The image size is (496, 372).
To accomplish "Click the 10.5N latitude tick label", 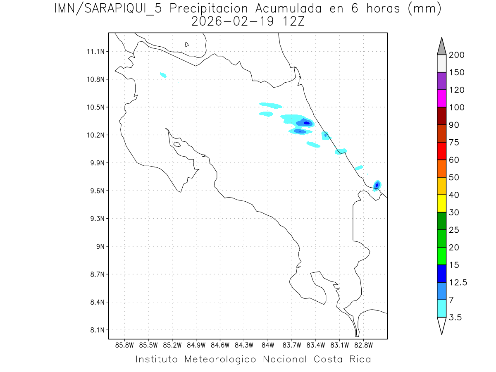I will coord(97,107).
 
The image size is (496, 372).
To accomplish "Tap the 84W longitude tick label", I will coord(268,345).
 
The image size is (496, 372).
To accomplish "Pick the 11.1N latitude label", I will coord(97,52).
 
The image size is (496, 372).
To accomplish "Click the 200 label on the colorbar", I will coord(457,55).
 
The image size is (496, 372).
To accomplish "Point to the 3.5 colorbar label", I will coord(455,317).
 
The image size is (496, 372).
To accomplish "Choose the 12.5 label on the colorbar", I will coord(457,283).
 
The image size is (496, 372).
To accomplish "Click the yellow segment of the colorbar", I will coord(441,203).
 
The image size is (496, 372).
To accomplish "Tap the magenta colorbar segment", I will coord(441,98).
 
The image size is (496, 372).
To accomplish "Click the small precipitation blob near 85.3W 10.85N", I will coord(163,75).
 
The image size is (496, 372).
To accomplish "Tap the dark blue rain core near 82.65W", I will coord(377,184).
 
